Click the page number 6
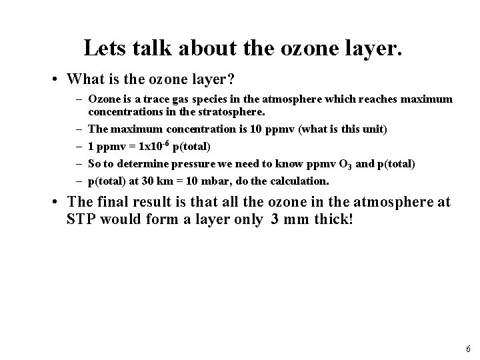tap(469, 349)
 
